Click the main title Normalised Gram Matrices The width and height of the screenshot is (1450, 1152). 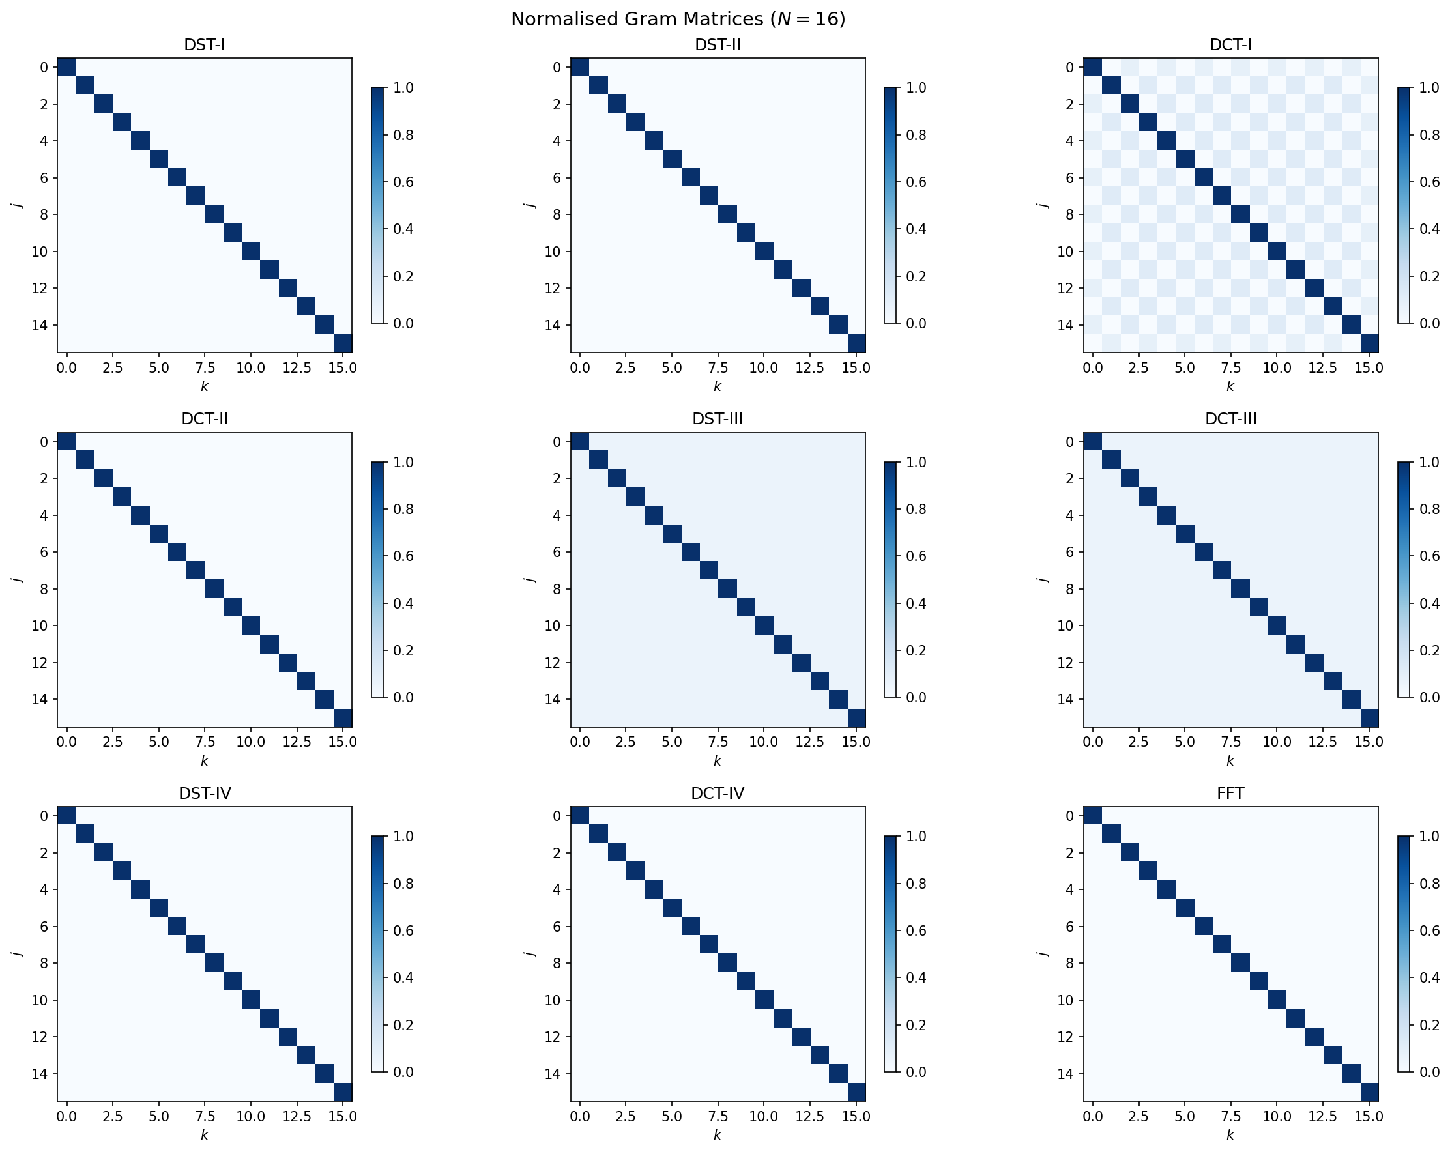pyautogui.click(x=677, y=19)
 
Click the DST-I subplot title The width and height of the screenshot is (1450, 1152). pyautogui.click(x=204, y=45)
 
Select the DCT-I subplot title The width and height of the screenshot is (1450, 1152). pyautogui.click(x=1230, y=45)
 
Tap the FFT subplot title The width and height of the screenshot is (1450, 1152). pyautogui.click(x=1230, y=794)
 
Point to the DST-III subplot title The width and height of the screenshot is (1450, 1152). pyautogui.click(x=717, y=419)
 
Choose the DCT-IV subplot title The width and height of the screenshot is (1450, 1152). pyautogui.click(x=717, y=794)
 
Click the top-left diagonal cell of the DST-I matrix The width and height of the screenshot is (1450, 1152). pyautogui.click(x=66, y=67)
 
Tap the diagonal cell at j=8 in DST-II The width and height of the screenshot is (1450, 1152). pyautogui.click(x=727, y=214)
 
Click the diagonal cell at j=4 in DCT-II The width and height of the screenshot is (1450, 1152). pyautogui.click(x=140, y=516)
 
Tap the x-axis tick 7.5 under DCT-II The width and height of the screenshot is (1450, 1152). pyautogui.click(x=195, y=742)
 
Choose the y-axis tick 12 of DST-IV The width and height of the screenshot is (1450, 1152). pyautogui.click(x=44, y=1037)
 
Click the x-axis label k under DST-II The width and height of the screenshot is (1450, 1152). pyautogui.click(x=717, y=386)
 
